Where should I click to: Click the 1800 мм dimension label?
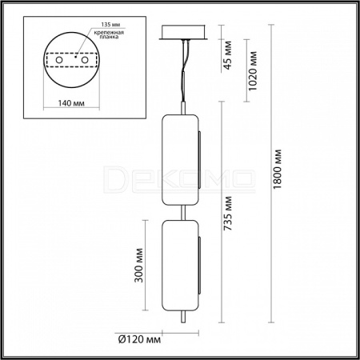point(277,169)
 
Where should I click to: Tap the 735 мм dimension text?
point(228,214)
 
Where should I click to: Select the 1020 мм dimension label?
point(253,71)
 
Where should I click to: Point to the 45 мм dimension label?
point(228,55)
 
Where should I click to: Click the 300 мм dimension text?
point(138,266)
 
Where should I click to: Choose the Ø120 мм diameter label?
point(139,339)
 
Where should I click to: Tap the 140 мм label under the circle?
point(71,103)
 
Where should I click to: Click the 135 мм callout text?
point(110,25)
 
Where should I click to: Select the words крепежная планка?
point(109,34)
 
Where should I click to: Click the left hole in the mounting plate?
point(59,60)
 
